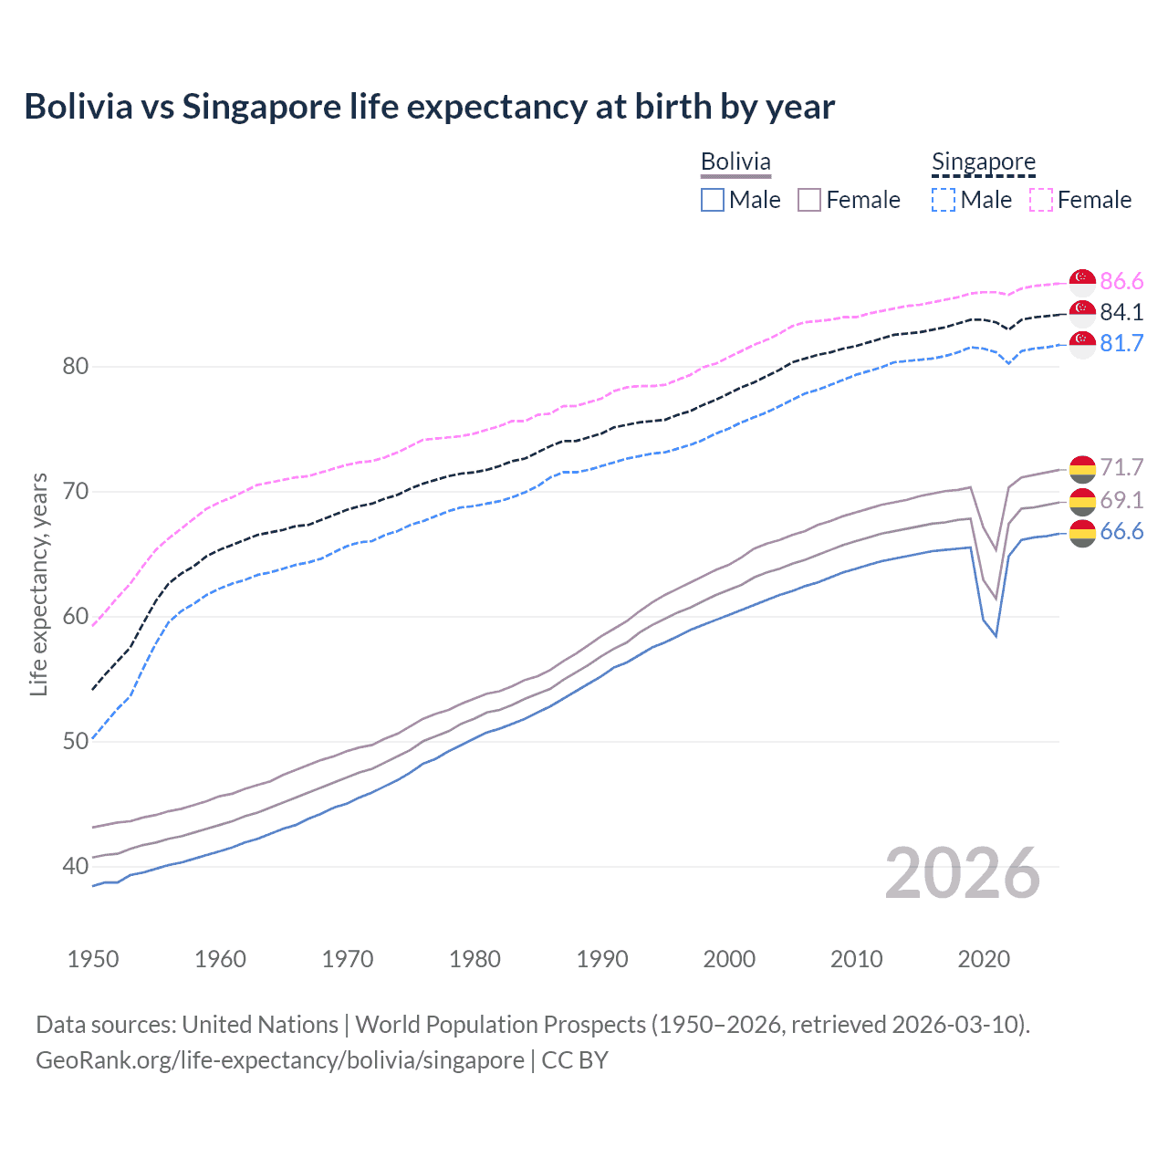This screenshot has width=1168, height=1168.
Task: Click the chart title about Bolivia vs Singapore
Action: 429,107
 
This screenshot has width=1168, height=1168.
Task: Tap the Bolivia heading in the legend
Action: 735,162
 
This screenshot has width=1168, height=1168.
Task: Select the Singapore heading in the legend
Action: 983,162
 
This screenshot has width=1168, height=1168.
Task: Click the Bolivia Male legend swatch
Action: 713,200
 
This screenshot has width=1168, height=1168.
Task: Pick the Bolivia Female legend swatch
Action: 809,200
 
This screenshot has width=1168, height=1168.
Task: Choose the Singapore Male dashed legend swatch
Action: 944,200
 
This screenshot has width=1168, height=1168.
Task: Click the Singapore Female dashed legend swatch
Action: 1041,200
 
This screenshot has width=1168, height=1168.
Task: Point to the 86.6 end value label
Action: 1121,281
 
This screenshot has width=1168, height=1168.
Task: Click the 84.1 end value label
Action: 1121,312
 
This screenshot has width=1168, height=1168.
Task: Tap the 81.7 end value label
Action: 1121,343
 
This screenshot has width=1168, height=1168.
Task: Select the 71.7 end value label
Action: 1121,467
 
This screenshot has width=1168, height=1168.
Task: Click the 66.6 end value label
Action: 1121,532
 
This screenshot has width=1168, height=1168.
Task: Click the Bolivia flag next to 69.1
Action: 1082,501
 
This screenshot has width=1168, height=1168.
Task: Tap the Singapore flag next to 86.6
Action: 1082,282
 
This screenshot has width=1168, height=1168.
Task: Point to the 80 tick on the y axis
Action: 75,367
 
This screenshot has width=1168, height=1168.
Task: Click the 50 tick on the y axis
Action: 75,741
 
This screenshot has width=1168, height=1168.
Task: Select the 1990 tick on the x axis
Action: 602,959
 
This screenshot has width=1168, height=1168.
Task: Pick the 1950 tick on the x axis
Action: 93,959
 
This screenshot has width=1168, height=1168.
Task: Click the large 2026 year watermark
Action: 963,873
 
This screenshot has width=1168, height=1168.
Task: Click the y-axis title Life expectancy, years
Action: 38,584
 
